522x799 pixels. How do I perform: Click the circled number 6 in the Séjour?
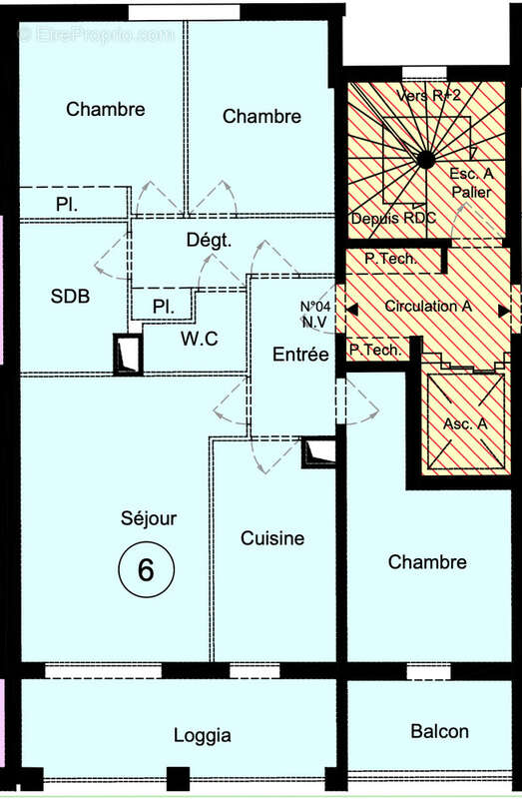[146, 570]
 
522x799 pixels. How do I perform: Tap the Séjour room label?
[149, 518]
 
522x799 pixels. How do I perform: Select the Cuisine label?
[272, 538]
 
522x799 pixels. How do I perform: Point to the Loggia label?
[203, 736]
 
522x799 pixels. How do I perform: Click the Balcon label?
[439, 731]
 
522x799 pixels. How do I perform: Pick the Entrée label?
[300, 354]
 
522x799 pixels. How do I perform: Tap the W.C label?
[200, 339]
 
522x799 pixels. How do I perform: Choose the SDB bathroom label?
[70, 297]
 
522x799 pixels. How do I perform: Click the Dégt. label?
[209, 240]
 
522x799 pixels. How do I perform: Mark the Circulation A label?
[428, 307]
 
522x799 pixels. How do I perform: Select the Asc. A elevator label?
[465, 423]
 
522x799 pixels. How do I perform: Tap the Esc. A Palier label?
[471, 182]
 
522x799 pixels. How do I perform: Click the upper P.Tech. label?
[390, 259]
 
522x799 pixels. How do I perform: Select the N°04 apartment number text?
[316, 307]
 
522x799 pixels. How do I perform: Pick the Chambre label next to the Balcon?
[427, 562]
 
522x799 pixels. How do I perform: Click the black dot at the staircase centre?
[426, 158]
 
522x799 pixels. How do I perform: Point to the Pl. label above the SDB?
[68, 205]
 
